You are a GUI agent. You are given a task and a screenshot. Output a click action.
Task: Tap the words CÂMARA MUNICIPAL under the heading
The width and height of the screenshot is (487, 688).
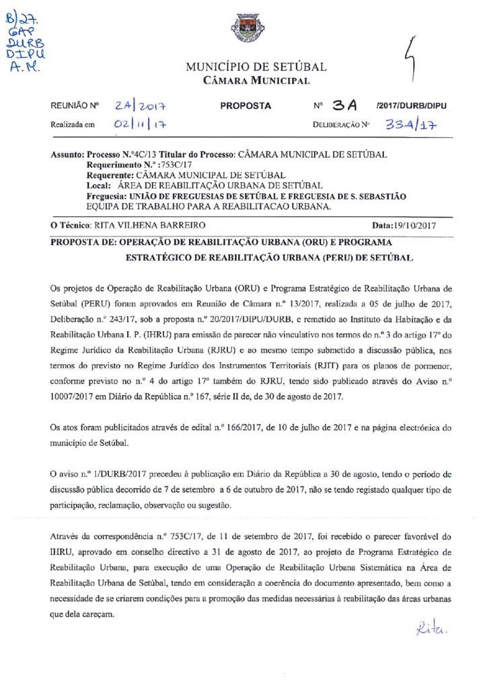point(256,81)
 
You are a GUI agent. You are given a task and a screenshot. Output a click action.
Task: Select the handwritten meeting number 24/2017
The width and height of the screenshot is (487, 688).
point(141,105)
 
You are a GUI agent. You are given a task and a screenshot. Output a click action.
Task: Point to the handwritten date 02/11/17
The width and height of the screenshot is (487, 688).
point(141,124)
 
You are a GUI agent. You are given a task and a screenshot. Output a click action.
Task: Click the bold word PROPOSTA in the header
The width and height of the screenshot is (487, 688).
point(246,106)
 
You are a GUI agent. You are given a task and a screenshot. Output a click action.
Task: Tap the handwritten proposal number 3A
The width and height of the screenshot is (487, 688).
point(348,105)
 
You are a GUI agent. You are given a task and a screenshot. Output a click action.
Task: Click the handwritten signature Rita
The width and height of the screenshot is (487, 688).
point(433,630)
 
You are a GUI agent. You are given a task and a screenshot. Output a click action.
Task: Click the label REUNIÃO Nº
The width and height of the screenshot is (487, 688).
point(75,106)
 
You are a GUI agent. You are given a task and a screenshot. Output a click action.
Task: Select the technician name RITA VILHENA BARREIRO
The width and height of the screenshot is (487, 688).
point(147,225)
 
